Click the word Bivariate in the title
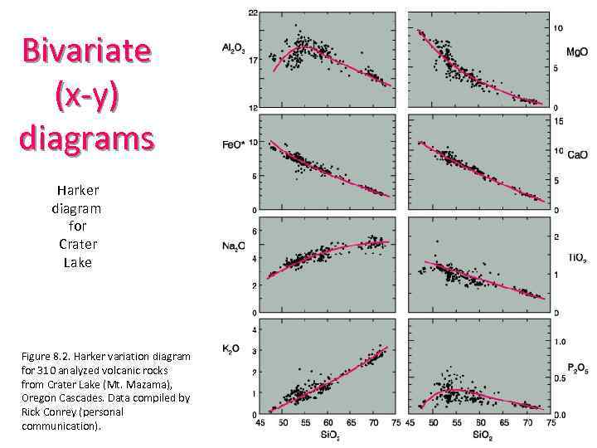[87, 51]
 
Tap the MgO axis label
[577, 51]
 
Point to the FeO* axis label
[234, 147]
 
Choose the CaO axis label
[577, 153]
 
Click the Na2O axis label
[235, 246]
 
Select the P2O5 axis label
[578, 367]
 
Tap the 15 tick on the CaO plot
[558, 121]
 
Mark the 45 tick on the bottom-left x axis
[261, 422]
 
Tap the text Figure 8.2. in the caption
[50, 356]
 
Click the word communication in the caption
[58, 426]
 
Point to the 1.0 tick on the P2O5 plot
[561, 341]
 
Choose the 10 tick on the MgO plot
[558, 28]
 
